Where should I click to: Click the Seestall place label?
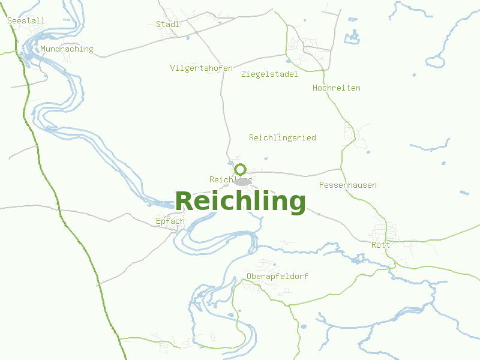tap(26, 20)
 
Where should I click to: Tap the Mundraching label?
tap(67, 49)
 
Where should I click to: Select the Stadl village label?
tap(167, 24)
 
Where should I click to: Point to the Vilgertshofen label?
tap(201, 68)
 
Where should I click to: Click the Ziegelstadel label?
tap(269, 74)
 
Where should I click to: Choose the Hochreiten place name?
tap(336, 88)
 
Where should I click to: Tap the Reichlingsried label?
tap(282, 137)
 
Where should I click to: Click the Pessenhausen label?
tap(347, 185)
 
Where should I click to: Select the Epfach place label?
tap(170, 221)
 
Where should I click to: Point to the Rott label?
tap(380, 245)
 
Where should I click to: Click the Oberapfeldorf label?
tap(277, 276)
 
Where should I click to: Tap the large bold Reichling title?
tap(240, 201)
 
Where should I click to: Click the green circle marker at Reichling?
tap(241, 169)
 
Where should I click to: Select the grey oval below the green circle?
tap(242, 181)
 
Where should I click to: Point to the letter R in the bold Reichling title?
tap(185, 201)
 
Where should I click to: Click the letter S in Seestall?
tap(10, 20)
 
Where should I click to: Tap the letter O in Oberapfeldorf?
tap(249, 276)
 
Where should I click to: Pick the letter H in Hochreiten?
tap(316, 88)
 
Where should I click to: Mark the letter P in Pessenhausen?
tap(322, 185)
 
